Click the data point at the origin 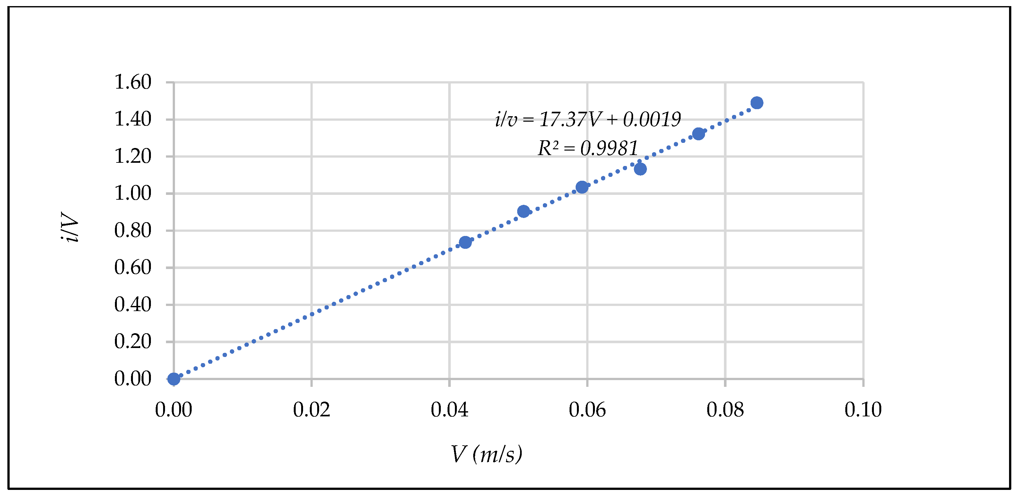pos(174,379)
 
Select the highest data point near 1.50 pos(757,103)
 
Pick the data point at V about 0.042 pos(465,242)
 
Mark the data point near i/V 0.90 pos(523,212)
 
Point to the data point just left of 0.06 pos(582,187)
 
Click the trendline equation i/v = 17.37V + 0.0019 pos(588,119)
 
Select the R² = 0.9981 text pos(588,148)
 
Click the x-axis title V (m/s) pos(487,454)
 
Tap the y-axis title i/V pos(70,227)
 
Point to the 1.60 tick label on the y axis pos(133,82)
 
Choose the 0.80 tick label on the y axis pos(133,230)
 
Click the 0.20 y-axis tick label pos(133,341)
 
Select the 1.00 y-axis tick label pos(133,193)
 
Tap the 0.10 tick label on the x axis pos(863,409)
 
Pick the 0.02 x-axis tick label pos(312,409)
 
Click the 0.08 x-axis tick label pos(725,409)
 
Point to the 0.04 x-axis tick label pos(449,409)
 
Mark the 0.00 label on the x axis pos(174,409)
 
